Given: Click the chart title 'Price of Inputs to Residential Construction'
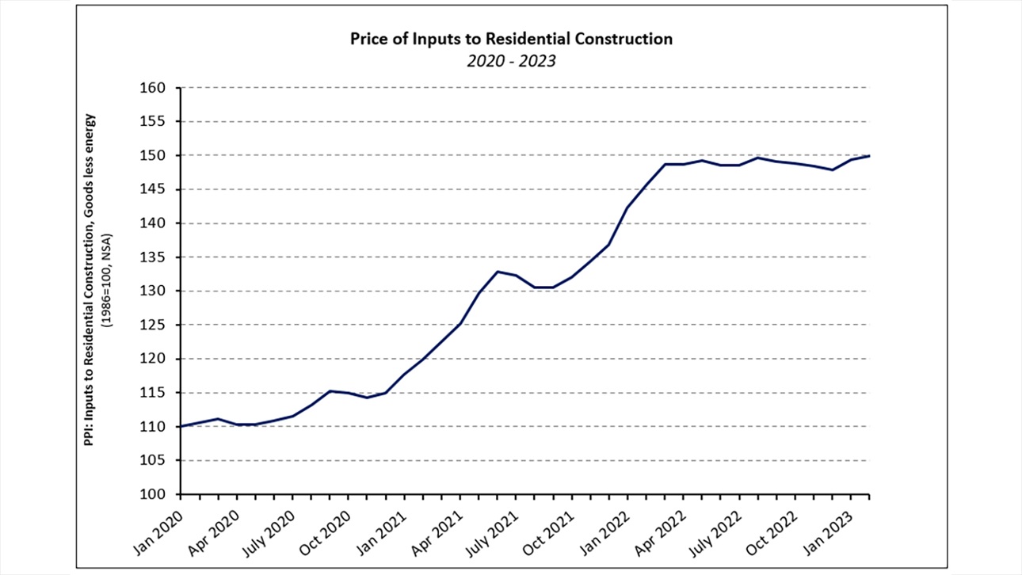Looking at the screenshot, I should pyautogui.click(x=512, y=39).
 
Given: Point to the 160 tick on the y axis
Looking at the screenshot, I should pyautogui.click(x=161, y=88).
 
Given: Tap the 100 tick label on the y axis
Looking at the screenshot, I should pyautogui.click(x=161, y=495).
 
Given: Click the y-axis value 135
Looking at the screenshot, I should pyautogui.click(x=161, y=257).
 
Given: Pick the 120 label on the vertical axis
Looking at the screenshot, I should pyautogui.click(x=161, y=360).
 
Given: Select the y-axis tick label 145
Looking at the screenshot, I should pyautogui.click(x=161, y=190).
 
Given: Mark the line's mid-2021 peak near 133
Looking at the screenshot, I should pyautogui.click(x=498, y=272).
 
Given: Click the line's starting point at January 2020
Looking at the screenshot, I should pyautogui.click(x=181, y=426).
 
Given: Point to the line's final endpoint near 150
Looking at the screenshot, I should pyautogui.click(x=869, y=156).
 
